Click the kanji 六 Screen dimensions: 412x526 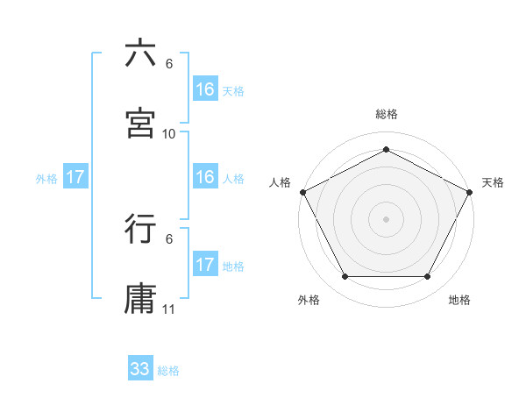140,53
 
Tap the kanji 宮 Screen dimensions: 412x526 140,124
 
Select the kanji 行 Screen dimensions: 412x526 140,229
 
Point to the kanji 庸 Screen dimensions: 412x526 140,299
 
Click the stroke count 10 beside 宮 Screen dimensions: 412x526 169,134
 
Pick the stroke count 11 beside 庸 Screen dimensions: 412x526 169,309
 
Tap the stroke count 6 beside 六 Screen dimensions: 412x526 169,64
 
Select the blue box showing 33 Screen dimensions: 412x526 140,369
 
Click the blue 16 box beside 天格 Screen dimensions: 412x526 205,89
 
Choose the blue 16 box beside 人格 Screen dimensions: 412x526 205,177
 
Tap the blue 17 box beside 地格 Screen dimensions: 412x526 205,265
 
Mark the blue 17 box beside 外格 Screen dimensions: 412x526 75,177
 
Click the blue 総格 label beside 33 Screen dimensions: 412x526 168,371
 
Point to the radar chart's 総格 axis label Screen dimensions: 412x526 386,114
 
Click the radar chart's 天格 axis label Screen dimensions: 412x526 493,182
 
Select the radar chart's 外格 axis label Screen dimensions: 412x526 309,300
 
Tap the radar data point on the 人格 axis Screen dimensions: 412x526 302,192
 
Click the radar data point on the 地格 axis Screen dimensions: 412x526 428,277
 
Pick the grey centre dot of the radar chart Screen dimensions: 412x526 386,218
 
